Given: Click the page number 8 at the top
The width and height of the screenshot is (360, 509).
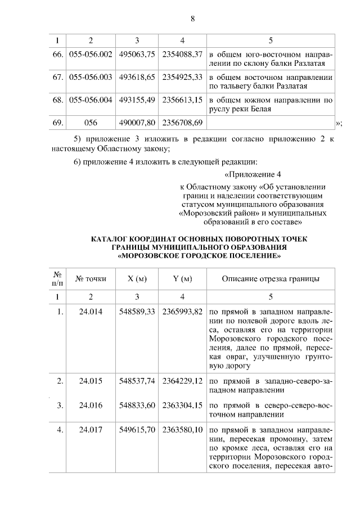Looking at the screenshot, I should click(192, 19).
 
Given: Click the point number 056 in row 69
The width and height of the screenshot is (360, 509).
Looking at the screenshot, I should click(90, 122).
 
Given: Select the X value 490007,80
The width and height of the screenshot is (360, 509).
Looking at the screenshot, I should click(137, 122).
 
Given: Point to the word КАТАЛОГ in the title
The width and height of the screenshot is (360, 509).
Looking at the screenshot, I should click(112, 239).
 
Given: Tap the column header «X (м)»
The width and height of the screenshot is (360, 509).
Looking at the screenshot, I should click(137, 279).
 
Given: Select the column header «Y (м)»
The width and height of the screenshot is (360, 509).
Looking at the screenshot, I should click(182, 279).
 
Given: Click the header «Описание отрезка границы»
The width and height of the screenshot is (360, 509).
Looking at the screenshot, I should click(271, 279).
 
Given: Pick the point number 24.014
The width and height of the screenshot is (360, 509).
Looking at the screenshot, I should click(90, 313).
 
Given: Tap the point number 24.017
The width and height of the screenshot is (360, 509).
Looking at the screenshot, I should click(90, 430).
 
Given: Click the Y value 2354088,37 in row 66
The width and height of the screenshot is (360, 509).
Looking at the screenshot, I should click(182, 55).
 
